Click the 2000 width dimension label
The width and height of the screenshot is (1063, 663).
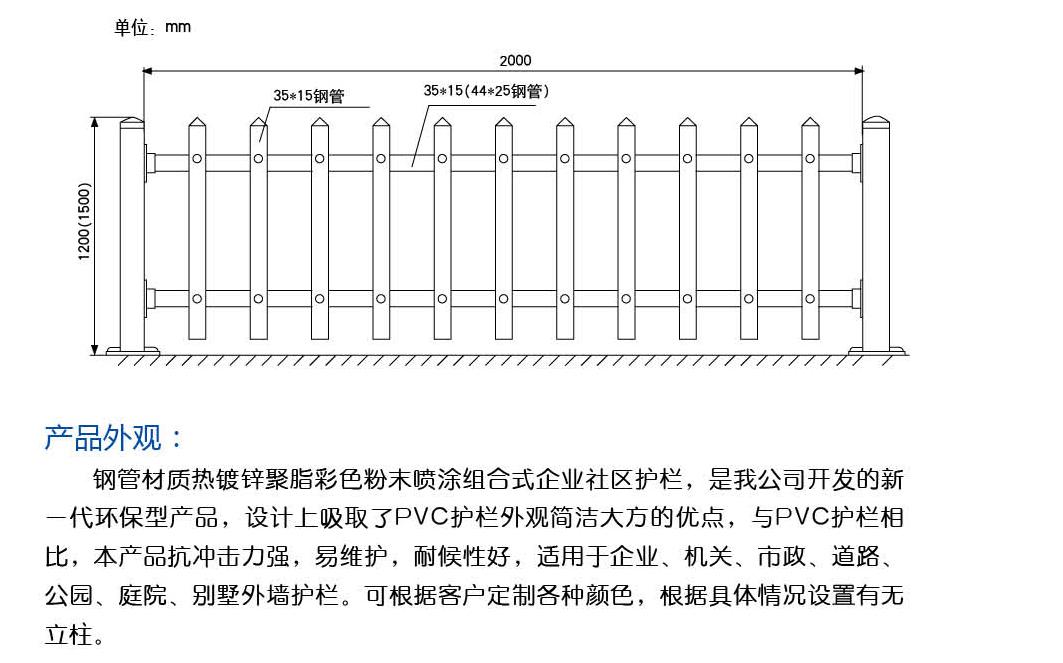tap(515, 60)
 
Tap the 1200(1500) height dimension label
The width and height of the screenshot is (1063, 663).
tap(84, 222)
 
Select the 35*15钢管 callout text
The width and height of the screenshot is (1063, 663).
tap(309, 96)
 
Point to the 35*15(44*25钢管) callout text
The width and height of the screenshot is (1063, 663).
tap(486, 91)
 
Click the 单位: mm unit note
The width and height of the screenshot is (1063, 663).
tap(153, 27)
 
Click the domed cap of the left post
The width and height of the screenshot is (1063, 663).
tap(132, 123)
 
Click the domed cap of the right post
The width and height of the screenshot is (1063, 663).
tap(875, 123)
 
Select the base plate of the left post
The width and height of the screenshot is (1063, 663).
tap(133, 350)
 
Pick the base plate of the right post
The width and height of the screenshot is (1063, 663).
tap(877, 350)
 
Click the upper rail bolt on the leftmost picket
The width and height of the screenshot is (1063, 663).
tap(197, 159)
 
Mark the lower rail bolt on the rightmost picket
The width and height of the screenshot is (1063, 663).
tap(810, 299)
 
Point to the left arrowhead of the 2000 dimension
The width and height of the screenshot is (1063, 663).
tap(147, 71)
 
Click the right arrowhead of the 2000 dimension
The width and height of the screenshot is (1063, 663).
tap(859, 71)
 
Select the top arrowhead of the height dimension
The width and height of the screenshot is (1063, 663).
tap(95, 122)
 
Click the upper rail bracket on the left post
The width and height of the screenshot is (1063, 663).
tap(149, 163)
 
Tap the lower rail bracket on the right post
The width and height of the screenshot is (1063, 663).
tap(857, 299)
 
